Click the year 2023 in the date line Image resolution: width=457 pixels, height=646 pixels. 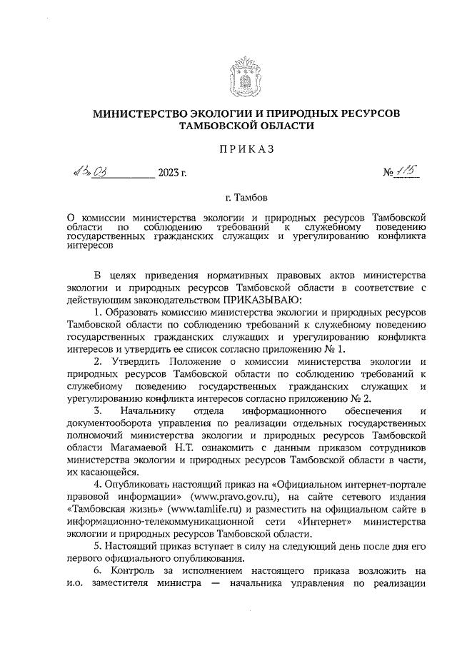coord(170,173)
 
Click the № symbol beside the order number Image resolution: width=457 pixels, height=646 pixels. coord(389,173)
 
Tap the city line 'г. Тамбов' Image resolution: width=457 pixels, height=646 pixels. coord(245,196)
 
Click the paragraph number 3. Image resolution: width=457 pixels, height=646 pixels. coord(97,411)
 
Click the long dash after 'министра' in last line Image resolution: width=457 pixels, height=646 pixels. coord(214,584)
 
